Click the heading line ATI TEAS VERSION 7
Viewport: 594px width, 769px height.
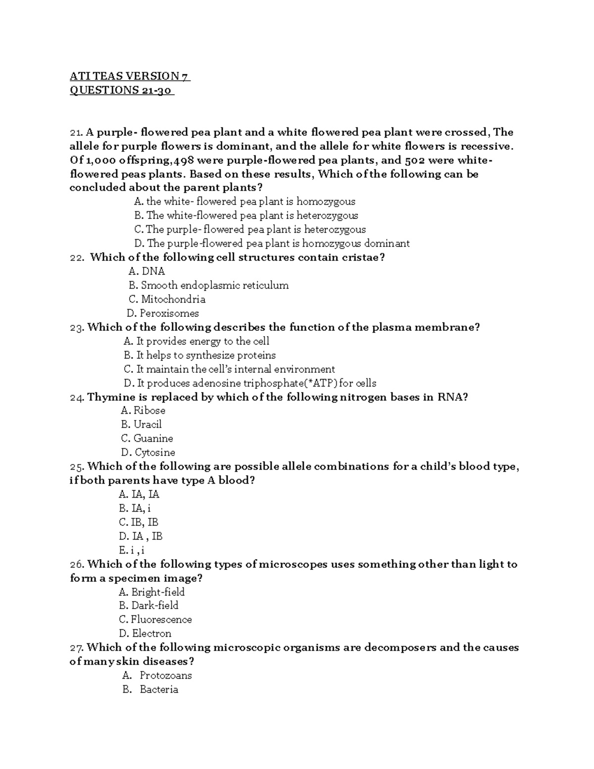pos(130,76)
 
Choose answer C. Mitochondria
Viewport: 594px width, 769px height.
pos(167,299)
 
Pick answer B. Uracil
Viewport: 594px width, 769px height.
pos(141,424)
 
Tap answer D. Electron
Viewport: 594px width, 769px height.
pos(145,633)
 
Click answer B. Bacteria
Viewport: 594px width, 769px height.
pos(150,689)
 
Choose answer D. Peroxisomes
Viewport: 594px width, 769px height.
pos(163,313)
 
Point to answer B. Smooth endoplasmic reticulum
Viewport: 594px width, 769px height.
pos(208,285)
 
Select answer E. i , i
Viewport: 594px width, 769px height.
pos(132,550)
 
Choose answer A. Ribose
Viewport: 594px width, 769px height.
pos(143,410)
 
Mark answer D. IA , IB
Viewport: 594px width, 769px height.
pos(141,536)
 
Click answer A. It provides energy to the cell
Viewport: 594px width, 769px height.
pos(197,341)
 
